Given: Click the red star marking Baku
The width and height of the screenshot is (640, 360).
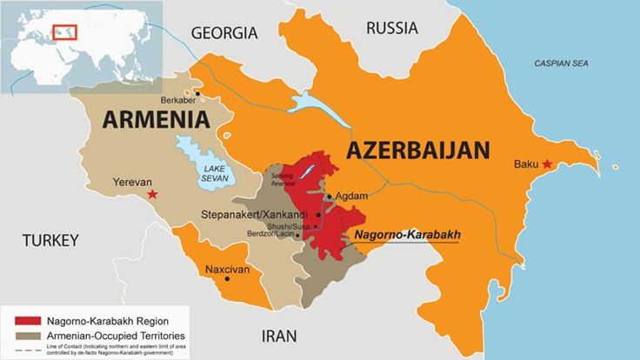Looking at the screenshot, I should pos(547,164).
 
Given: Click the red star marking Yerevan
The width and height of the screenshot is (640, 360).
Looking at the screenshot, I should pos(153,193).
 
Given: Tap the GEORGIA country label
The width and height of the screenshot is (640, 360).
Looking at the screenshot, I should pos(224,33).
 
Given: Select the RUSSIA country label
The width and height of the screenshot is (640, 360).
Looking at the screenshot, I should pos(392,28).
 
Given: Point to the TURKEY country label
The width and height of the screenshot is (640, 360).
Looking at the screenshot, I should pos(50,240).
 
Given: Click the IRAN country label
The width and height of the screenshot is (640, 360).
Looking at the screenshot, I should pos(279,336).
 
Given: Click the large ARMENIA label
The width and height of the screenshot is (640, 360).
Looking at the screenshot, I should pos(156,119).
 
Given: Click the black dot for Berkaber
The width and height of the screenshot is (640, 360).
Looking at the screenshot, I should pos(198,93).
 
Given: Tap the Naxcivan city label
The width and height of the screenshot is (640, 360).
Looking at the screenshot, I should pos(227,270).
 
